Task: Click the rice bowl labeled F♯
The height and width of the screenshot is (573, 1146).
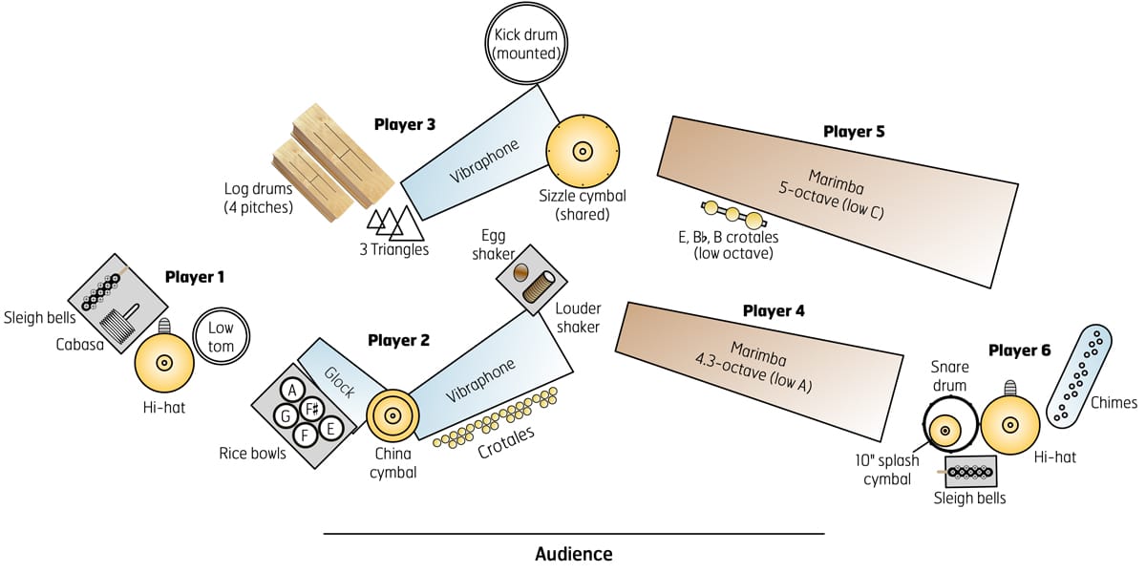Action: click(x=310, y=410)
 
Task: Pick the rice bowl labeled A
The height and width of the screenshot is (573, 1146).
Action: click(x=292, y=389)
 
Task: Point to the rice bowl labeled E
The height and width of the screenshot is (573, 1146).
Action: click(x=330, y=429)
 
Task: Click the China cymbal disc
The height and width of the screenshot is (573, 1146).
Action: click(x=392, y=416)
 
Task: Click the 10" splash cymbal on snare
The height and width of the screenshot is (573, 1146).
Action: click(x=944, y=431)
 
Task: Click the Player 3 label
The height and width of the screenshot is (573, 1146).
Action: click(x=405, y=124)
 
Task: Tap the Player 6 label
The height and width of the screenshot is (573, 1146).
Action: click(x=1019, y=350)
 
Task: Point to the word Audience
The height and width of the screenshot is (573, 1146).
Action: click(x=573, y=554)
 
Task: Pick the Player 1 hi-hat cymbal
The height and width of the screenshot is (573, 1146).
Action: click(x=163, y=363)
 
